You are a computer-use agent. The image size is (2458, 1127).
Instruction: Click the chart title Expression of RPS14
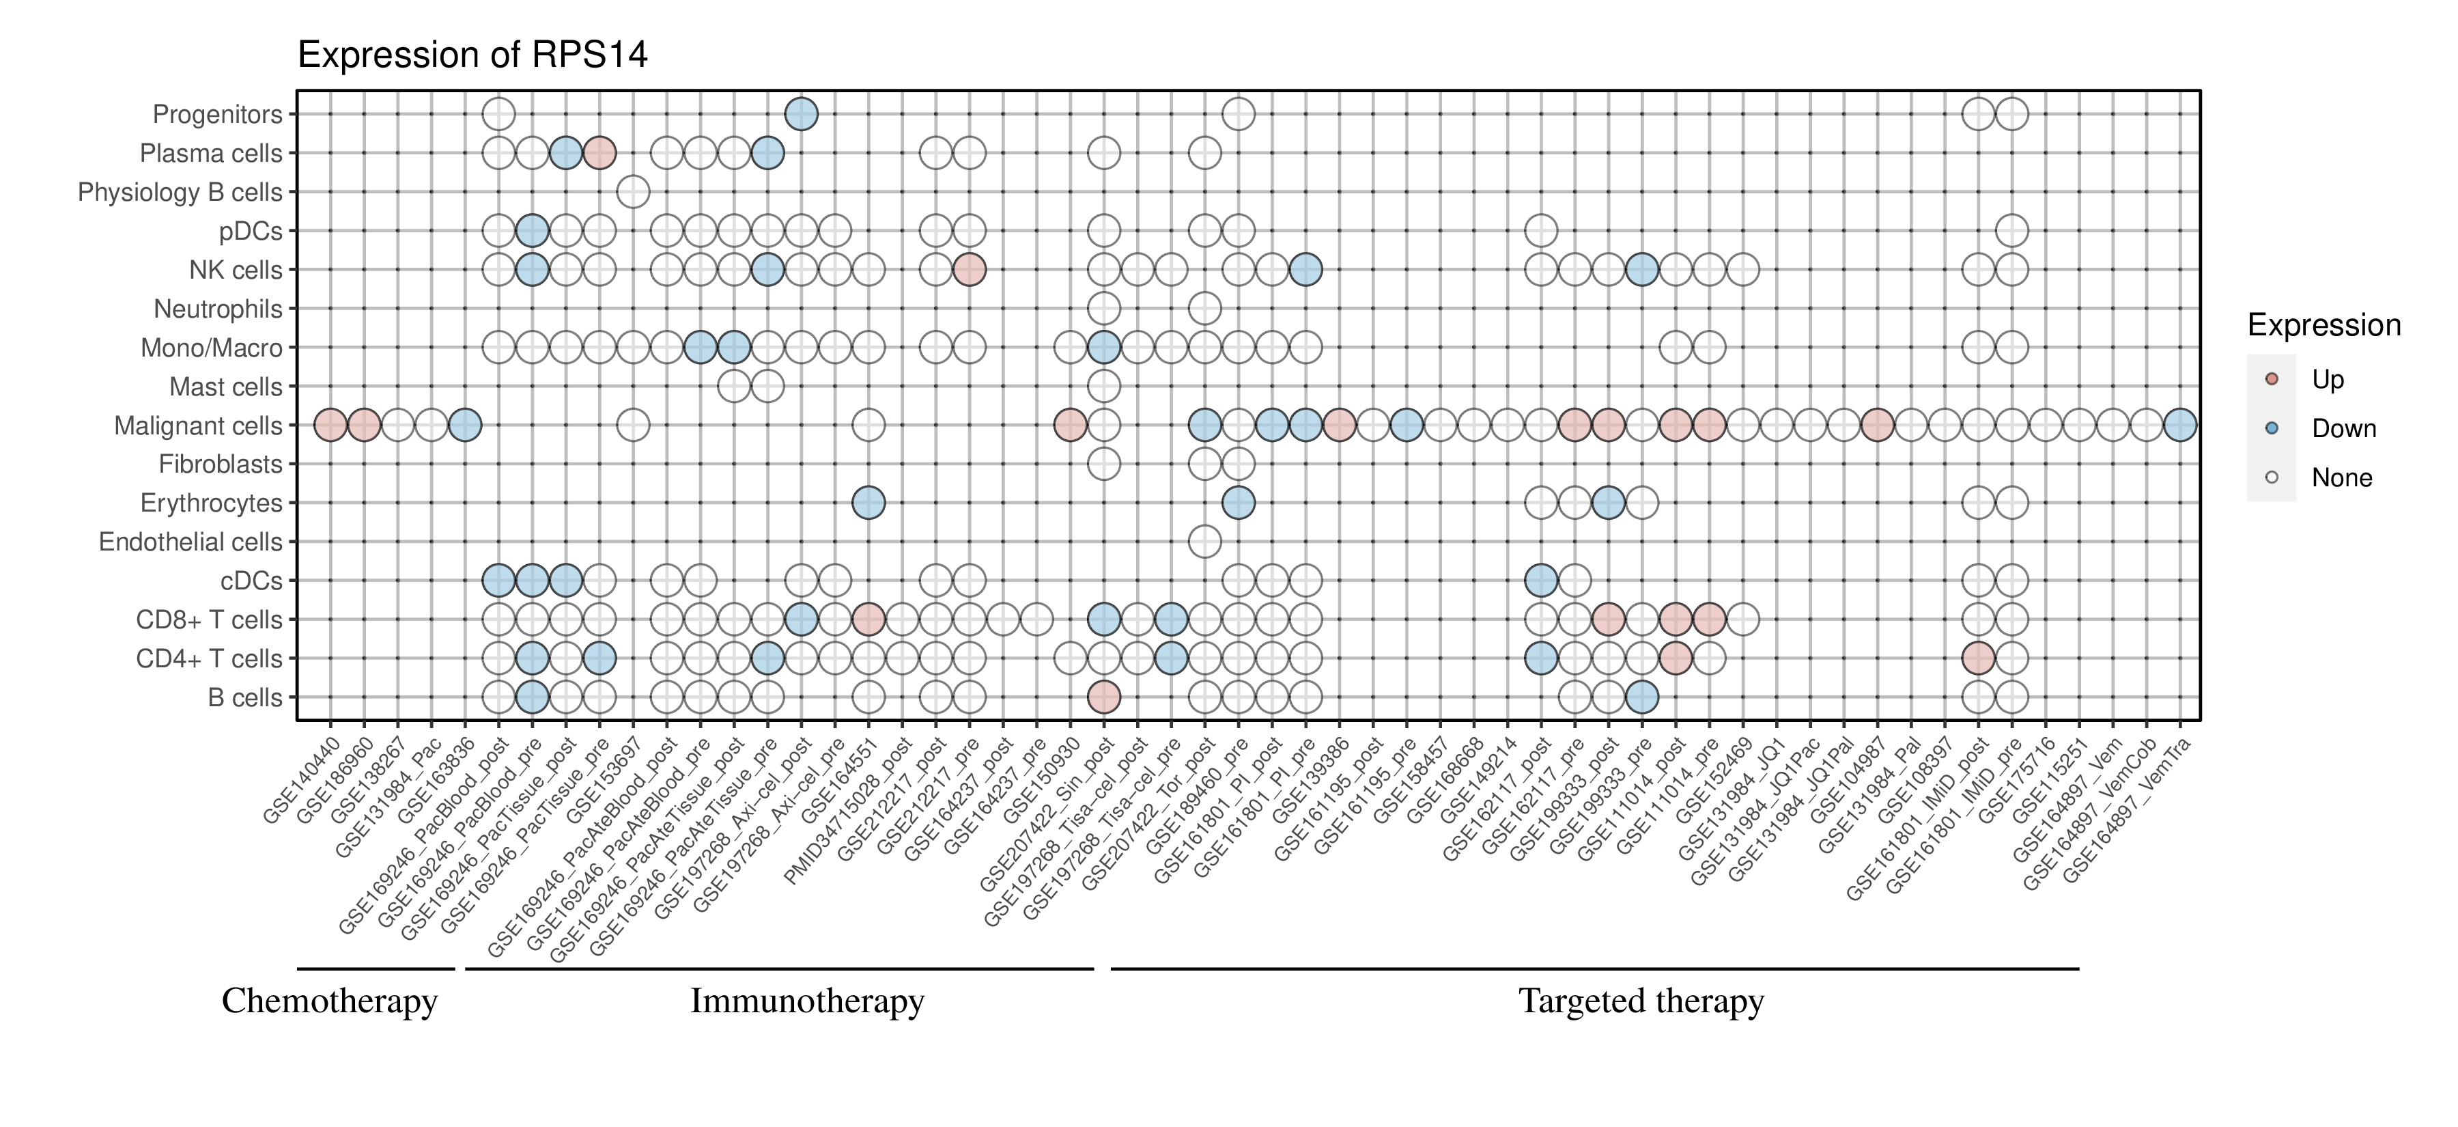pos(472,55)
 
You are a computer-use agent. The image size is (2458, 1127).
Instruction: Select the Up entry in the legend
pos(2328,380)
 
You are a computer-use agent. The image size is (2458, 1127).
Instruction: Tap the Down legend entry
pos(2343,428)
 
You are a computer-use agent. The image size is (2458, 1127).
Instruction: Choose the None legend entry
pos(2341,478)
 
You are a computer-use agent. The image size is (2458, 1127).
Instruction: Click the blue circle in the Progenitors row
pos(801,115)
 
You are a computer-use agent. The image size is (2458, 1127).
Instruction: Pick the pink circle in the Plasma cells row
pos(599,153)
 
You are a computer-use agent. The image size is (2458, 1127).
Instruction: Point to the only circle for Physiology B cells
pos(633,192)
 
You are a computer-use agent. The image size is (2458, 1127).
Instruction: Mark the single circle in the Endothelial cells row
pos(1204,542)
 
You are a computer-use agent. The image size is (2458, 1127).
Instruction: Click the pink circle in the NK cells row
pos(968,270)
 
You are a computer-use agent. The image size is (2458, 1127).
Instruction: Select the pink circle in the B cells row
pos(1103,697)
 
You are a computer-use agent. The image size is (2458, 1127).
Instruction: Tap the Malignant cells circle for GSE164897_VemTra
pos(2179,425)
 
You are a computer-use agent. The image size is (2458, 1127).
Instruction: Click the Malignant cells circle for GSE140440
pos(330,425)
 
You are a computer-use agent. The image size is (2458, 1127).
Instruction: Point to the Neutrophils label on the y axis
pos(218,309)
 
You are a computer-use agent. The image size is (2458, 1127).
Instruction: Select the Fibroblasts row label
pos(221,464)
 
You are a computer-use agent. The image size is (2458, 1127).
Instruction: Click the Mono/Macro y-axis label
pos(211,348)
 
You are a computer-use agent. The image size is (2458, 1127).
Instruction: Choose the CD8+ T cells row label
pos(209,620)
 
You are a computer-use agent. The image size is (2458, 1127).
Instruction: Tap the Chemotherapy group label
pos(329,1001)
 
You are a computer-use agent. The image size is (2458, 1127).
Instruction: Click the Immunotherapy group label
pos(806,1001)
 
